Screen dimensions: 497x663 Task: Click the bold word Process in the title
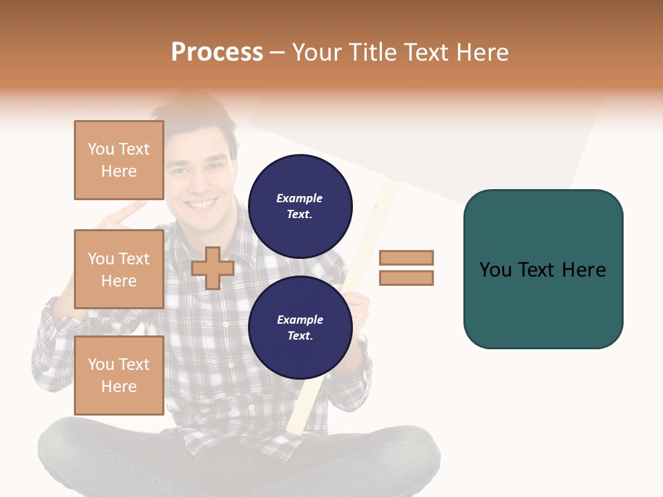(217, 52)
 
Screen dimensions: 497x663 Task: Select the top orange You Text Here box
(119, 160)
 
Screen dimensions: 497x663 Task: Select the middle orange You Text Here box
(119, 269)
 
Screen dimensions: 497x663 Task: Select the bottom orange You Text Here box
(119, 376)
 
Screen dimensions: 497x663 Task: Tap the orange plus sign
(213, 268)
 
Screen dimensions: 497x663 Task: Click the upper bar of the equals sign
(407, 257)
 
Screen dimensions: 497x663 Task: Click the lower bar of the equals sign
(407, 277)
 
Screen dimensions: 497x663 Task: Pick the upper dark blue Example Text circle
(300, 206)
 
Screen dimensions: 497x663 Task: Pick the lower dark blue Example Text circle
(300, 327)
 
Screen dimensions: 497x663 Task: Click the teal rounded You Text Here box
(543, 304)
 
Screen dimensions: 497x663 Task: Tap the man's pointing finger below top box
(131, 211)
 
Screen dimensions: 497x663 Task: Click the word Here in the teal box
(584, 270)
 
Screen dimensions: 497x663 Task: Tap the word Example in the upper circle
(300, 198)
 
